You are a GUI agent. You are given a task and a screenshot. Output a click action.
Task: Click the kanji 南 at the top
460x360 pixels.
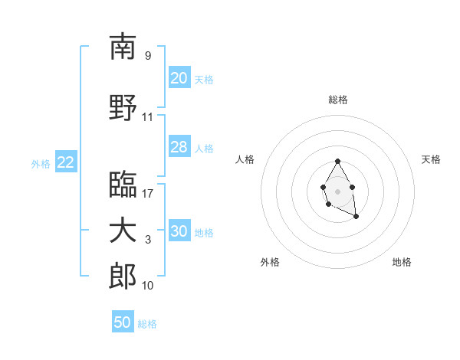pos(123,47)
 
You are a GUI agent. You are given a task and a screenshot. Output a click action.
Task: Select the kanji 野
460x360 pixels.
pos(123,108)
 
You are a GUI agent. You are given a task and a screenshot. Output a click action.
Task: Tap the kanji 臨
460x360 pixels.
pos(123,185)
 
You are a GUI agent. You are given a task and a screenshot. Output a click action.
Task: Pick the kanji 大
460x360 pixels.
pos(123,231)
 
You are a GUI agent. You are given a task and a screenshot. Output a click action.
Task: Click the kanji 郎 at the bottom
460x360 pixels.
pos(123,277)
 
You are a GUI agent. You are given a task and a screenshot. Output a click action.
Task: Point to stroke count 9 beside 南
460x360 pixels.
pos(147,56)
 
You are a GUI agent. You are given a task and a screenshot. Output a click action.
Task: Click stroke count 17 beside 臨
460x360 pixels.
pos(148,194)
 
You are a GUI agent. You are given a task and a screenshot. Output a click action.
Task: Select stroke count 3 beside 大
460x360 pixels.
pos(148,240)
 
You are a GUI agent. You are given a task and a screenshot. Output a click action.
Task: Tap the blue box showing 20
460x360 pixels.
pos(179,78)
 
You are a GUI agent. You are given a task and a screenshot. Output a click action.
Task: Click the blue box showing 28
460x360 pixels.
pos(179,147)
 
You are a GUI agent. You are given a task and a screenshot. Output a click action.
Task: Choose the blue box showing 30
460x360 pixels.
pos(179,231)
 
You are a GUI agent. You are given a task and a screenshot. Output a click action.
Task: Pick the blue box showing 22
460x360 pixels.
pos(66,162)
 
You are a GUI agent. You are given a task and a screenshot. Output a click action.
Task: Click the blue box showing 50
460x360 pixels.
pos(123,322)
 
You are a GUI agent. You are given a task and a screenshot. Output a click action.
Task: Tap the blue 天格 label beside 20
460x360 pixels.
pos(204,79)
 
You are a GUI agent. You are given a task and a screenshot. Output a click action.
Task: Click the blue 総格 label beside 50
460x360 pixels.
pos(147,324)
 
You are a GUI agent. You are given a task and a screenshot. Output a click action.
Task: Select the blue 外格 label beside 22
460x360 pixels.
pos(41,163)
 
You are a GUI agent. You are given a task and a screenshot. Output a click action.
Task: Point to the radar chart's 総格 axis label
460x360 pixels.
pos(337,100)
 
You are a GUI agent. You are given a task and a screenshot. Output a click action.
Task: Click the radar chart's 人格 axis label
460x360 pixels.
pos(245,159)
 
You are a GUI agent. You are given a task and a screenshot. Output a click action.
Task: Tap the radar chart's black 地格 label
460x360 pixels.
pos(402,262)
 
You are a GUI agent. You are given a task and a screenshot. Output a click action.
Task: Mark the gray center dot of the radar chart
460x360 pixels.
pos(337,191)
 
